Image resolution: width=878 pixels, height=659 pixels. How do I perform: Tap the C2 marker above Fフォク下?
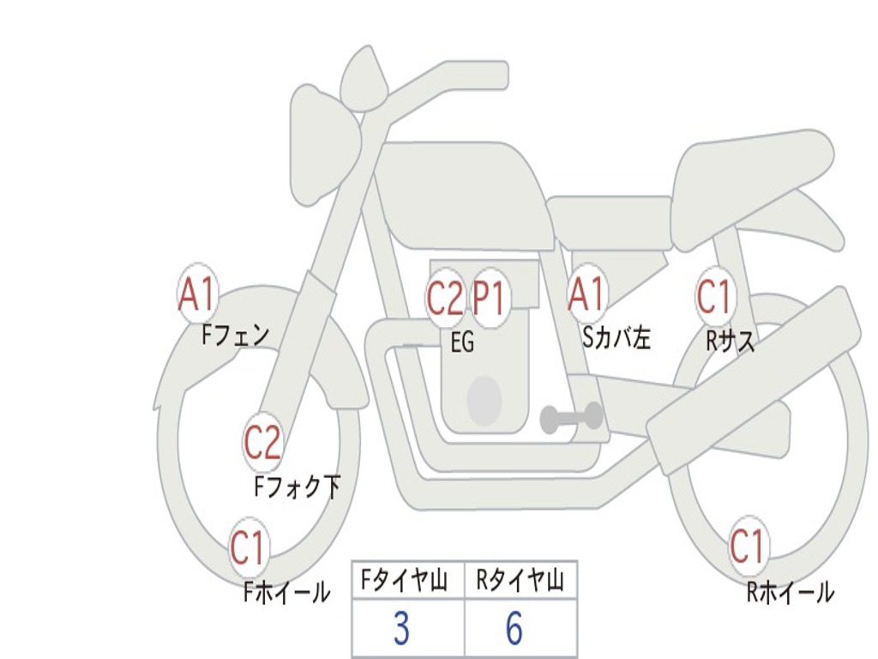point(262,442)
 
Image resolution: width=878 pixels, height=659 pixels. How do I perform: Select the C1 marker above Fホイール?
point(248,547)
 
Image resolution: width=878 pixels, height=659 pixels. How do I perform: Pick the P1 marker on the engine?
point(489,298)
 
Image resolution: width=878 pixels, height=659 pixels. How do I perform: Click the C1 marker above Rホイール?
point(747,546)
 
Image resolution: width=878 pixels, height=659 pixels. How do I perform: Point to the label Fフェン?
point(235,336)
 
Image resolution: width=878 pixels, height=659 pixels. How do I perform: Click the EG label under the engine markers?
point(462,342)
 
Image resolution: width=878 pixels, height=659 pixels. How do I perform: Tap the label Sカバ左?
point(616,337)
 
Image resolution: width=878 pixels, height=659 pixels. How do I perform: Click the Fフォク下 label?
point(297,487)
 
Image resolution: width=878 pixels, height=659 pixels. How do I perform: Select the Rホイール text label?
point(790,592)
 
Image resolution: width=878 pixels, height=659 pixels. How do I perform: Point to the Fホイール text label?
point(286,592)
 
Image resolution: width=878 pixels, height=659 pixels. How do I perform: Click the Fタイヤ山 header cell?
point(408,580)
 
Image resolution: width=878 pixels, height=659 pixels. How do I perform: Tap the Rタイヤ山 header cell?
point(520,580)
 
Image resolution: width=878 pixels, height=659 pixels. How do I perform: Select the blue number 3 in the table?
point(401,628)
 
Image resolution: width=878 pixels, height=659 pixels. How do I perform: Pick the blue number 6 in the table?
point(514,628)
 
